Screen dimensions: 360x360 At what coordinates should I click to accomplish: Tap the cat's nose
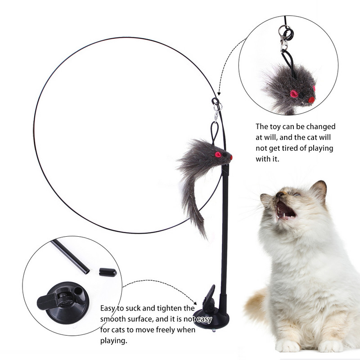[279, 194]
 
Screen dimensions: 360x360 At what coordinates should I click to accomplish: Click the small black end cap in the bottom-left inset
[108, 272]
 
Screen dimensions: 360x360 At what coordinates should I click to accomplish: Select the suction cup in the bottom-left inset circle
[63, 302]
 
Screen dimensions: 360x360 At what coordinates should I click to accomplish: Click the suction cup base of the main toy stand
[211, 318]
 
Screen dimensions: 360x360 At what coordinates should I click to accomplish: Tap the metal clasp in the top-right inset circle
[284, 44]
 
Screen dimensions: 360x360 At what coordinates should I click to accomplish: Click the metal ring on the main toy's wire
[217, 106]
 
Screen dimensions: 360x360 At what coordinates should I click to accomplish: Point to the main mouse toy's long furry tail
[193, 207]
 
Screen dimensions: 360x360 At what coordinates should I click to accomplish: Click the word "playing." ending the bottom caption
[114, 341]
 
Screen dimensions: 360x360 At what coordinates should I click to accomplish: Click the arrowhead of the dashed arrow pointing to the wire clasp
[219, 94]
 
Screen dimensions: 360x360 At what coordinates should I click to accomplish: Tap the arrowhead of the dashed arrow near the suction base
[195, 303]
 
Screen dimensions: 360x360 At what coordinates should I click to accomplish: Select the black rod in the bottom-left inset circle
[70, 256]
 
